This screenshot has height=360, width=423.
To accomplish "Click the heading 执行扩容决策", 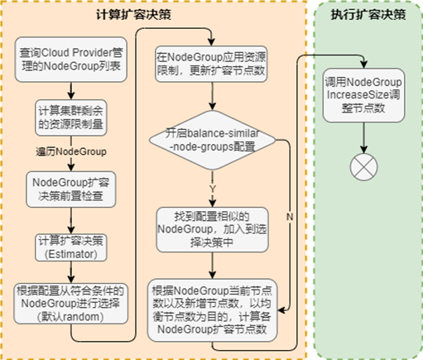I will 363,14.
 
